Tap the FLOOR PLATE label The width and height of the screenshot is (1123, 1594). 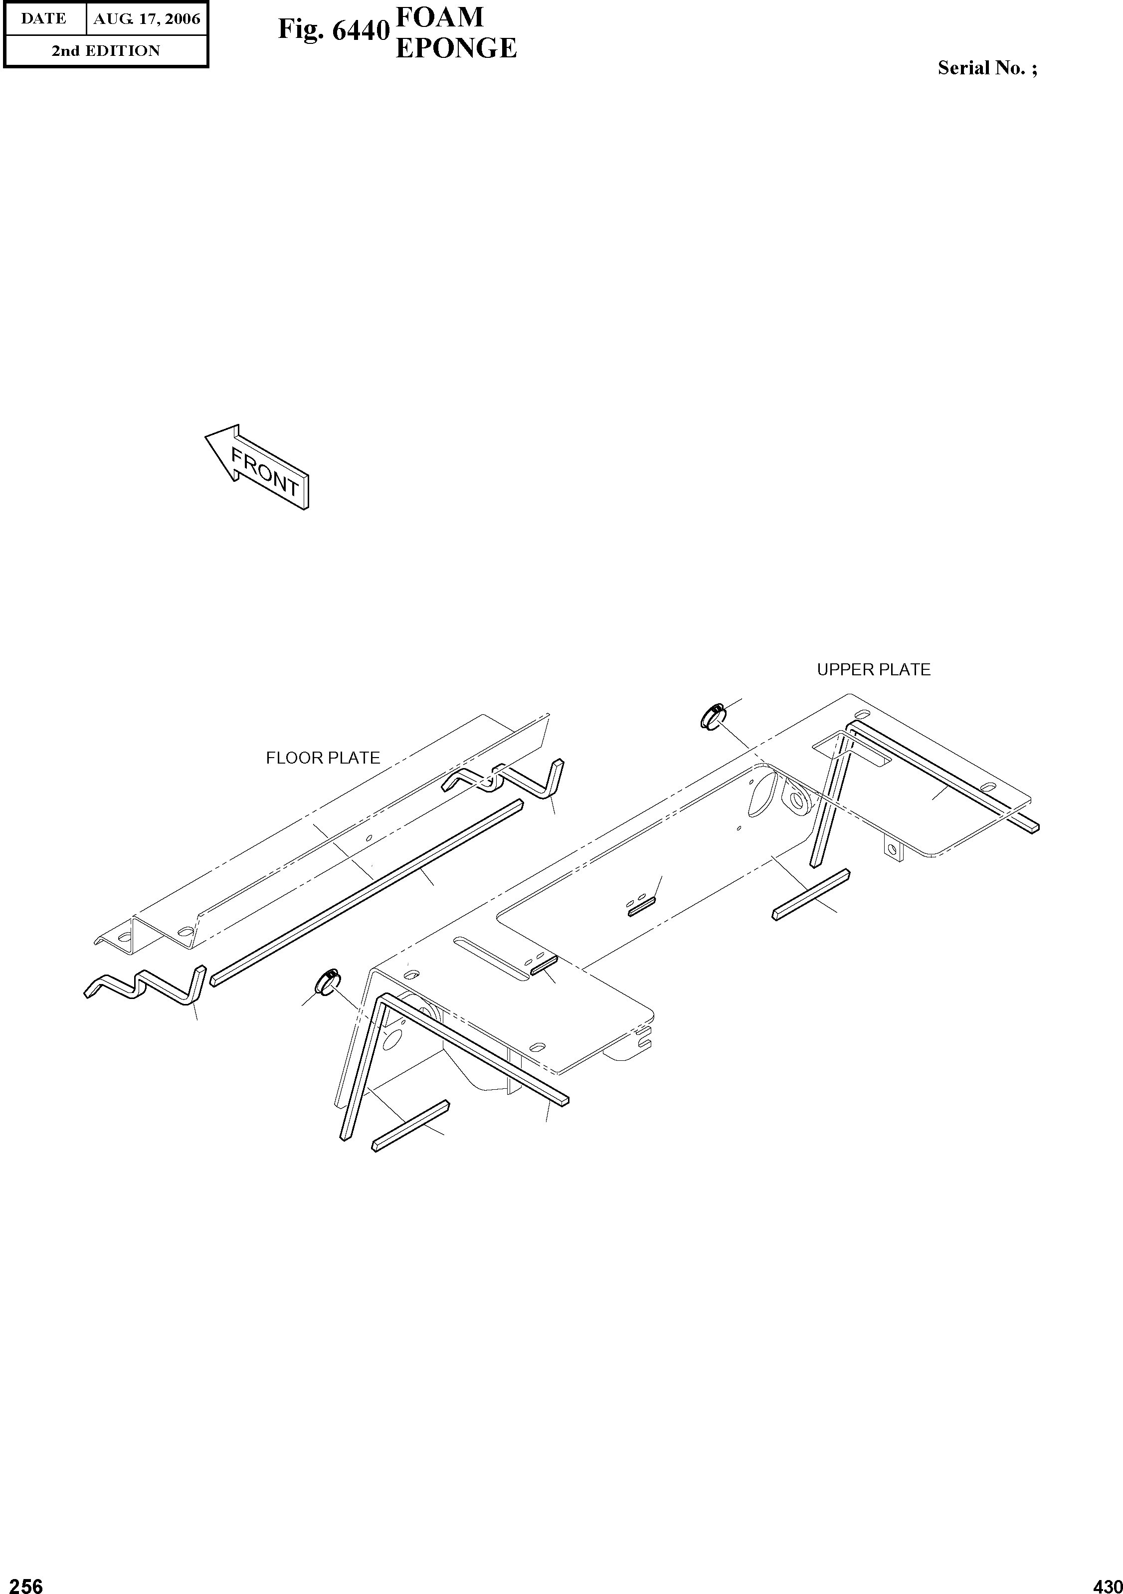click(323, 758)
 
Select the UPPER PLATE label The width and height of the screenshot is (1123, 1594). click(873, 669)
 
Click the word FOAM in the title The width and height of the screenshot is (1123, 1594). click(439, 16)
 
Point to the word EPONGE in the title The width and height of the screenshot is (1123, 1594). click(455, 48)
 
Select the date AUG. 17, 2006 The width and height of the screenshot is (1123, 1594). click(147, 19)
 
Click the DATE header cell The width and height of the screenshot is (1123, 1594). click(44, 19)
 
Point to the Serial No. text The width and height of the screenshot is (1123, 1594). click(987, 68)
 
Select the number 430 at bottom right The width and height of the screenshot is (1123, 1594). click(1107, 1582)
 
